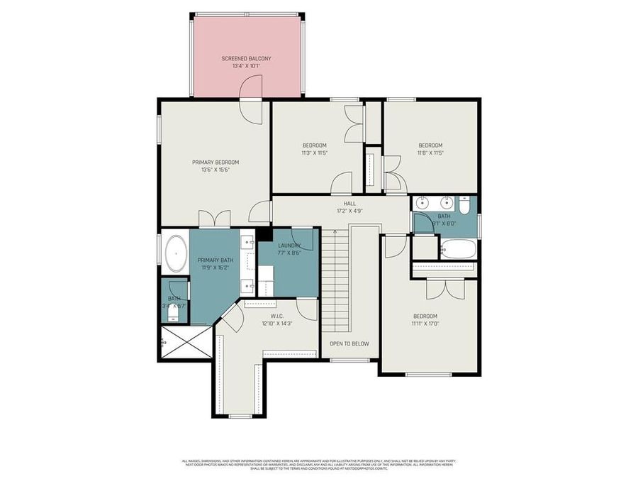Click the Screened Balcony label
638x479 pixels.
pos(246,58)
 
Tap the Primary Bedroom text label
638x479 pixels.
pos(216,162)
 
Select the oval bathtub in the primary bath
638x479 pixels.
pos(174,253)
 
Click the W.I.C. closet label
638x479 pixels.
pos(276,316)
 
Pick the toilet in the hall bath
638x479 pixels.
pos(463,205)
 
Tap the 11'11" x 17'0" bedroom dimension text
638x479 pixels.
pos(425,324)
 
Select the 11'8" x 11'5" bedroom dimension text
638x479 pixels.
pos(430,153)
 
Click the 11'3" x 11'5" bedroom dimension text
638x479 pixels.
pos(314,153)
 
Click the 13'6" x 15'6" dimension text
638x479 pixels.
pos(216,170)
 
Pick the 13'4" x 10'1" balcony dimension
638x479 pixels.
pos(246,66)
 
